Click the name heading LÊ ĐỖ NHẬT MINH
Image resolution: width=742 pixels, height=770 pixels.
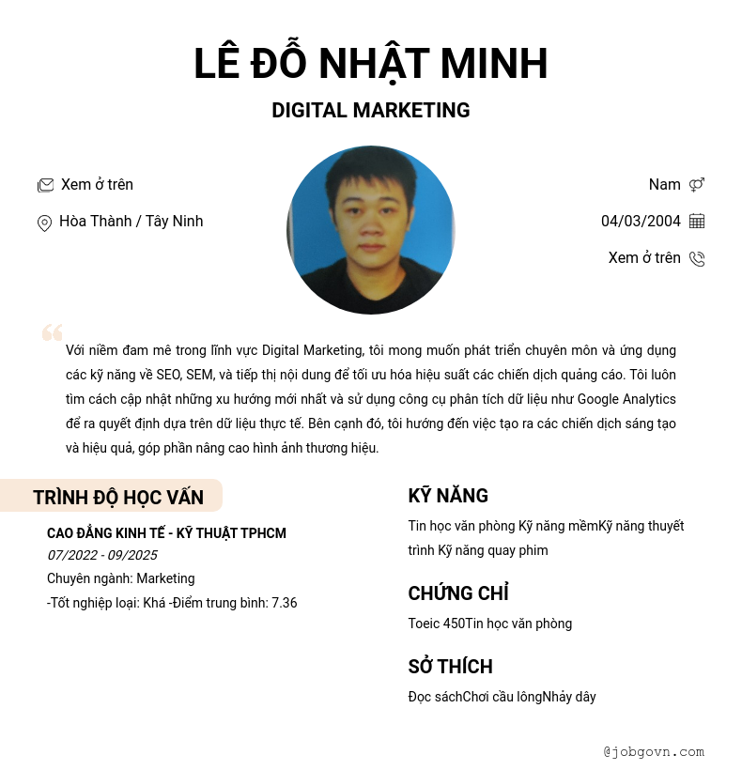pos(370,64)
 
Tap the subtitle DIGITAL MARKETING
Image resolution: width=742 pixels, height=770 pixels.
pos(370,111)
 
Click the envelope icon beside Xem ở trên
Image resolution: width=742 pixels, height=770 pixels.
pos(45,185)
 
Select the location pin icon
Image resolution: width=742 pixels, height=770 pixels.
pos(44,223)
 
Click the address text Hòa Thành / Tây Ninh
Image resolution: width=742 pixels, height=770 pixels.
pos(131,222)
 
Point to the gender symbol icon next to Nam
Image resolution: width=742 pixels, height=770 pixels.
pos(697,185)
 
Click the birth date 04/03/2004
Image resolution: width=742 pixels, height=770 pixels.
pos(641,222)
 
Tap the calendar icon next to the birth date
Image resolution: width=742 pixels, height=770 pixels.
pos(697,222)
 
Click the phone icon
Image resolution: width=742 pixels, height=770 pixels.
pos(697,258)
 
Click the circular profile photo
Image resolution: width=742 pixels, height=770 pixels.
pos(370,230)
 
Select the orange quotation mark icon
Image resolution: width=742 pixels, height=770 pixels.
pos(52,332)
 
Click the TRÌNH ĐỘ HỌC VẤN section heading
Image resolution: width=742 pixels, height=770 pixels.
pos(117,498)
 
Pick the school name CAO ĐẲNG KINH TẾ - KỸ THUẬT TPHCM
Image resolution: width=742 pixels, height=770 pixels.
pos(166,533)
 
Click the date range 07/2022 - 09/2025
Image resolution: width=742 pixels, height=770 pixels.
pos(101,555)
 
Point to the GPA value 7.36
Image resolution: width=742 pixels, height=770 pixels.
pos(285,603)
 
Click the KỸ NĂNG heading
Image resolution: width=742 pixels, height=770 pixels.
pos(448,496)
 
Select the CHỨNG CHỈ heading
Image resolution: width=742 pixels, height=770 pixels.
pos(458,593)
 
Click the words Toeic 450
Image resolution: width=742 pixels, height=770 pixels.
pos(437,624)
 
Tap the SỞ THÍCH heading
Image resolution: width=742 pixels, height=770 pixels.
pos(450,667)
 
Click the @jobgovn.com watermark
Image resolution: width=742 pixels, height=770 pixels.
pos(654,751)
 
